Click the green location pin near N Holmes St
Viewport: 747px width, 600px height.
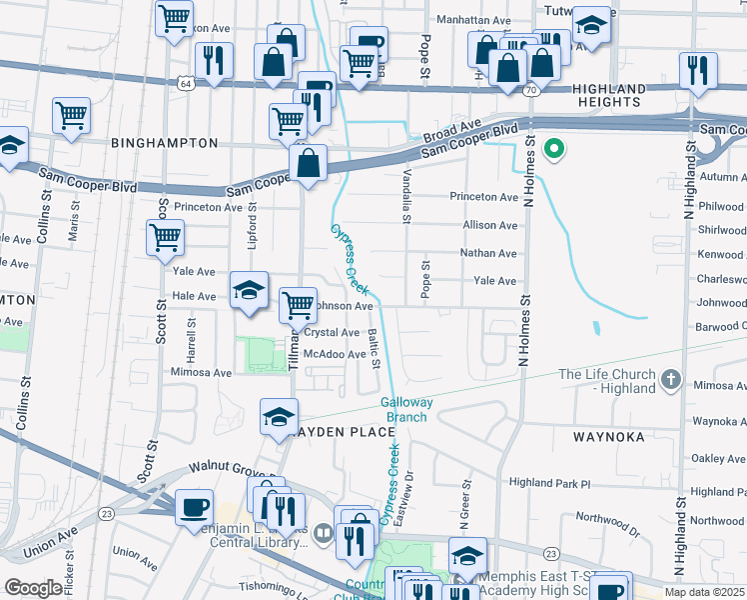[554, 151]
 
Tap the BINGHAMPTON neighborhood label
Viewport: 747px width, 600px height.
[165, 143]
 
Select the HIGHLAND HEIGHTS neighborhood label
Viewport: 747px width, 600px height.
[607, 95]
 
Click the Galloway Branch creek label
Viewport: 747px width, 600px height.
[406, 410]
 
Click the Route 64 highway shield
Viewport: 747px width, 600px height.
[187, 81]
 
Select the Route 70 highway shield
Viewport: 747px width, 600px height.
[531, 89]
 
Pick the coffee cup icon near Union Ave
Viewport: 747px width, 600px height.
[194, 507]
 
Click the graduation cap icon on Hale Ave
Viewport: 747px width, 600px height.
[249, 291]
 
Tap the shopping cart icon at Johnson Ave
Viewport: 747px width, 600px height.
[297, 305]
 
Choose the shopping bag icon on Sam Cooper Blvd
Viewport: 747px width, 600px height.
[309, 165]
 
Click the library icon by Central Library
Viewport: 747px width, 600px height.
[323, 531]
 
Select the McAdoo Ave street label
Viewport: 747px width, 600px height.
[335, 354]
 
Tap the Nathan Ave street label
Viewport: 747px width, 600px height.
[488, 254]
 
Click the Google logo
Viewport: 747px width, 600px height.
[33, 588]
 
